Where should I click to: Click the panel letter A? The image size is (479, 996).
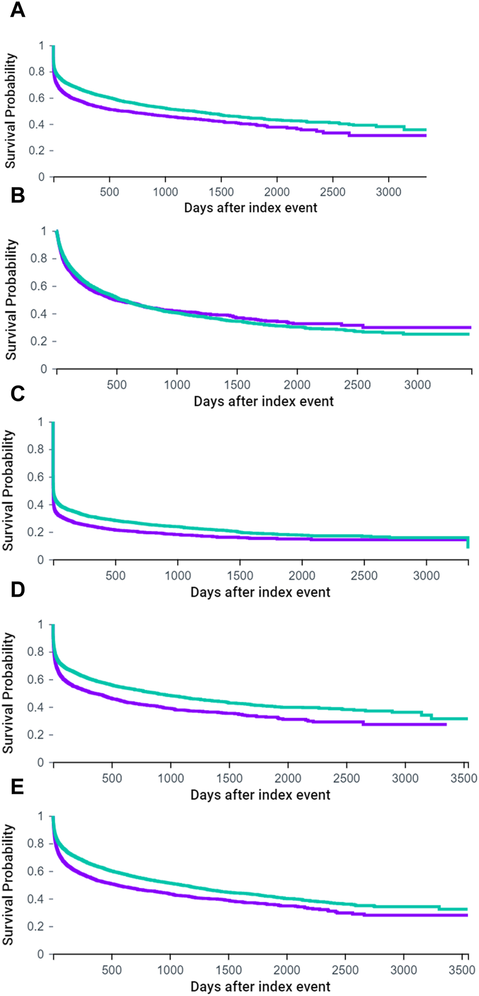tap(17, 10)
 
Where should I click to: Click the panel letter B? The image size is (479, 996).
tap(17, 197)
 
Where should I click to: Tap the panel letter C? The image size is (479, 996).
tap(17, 394)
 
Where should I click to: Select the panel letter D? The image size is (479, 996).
tap(17, 590)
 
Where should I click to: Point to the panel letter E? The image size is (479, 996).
tap(17, 787)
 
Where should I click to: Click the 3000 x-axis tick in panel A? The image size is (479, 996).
tap(388, 192)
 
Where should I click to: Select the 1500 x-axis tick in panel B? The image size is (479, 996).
tap(237, 385)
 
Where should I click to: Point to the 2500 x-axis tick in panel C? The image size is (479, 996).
tap(364, 576)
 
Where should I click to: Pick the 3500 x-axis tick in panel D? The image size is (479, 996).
tap(465, 779)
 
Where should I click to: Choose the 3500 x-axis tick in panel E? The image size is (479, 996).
tap(464, 970)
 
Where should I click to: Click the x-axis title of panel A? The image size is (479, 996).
tap(250, 208)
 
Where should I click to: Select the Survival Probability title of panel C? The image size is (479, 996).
tap(8, 490)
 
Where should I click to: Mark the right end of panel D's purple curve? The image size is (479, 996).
tap(445, 724)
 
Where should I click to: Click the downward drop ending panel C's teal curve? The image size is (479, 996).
tap(468, 543)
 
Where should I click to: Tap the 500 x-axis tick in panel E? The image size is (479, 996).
tap(112, 970)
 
